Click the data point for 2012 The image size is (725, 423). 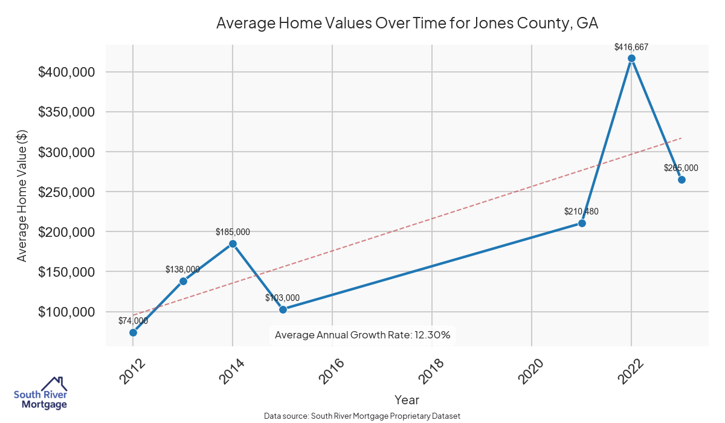click(x=133, y=332)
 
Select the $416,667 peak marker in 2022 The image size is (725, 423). click(x=631, y=59)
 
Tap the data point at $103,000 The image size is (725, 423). click(x=283, y=309)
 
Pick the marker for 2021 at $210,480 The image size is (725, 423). click(x=582, y=223)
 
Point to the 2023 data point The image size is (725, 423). click(x=681, y=179)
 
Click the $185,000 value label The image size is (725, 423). click(x=233, y=231)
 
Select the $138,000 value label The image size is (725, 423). click(x=182, y=270)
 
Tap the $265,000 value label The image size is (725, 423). click(x=681, y=168)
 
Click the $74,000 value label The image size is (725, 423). click(x=133, y=321)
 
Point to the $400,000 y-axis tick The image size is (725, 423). click(x=66, y=73)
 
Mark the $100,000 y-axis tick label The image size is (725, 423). click(x=66, y=312)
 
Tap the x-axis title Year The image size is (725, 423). click(x=407, y=400)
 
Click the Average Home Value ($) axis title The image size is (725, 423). click(x=22, y=195)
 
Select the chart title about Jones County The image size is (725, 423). click(x=407, y=24)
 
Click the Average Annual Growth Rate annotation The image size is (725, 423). click(x=362, y=335)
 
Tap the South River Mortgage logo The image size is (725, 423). click(x=40, y=393)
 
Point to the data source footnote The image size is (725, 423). click(x=362, y=416)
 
